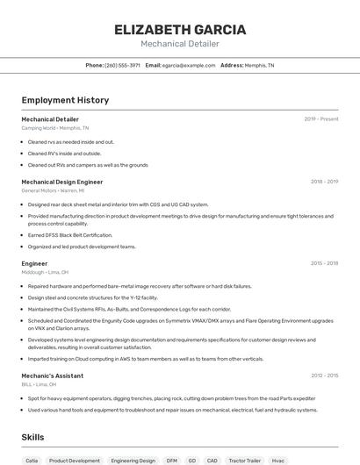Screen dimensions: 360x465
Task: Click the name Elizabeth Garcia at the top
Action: tap(179, 29)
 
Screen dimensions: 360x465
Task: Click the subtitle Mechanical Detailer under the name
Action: tap(179, 44)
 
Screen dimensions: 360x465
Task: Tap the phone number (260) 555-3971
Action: tap(122, 65)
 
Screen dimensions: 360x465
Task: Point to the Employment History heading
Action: tap(65, 100)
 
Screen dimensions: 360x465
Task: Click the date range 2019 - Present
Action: tap(321, 118)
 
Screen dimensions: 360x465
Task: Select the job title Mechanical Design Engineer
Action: tap(61, 182)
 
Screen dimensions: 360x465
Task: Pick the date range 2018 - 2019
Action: tap(324, 182)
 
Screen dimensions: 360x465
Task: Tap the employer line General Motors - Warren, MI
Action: tap(53, 190)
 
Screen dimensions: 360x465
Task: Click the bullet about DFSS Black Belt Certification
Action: tap(70, 235)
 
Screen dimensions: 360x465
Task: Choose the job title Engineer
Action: tap(34, 263)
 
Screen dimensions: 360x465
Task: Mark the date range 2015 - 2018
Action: tap(324, 263)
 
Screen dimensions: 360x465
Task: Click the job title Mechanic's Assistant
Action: tap(52, 376)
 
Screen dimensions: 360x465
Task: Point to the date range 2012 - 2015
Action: tap(324, 376)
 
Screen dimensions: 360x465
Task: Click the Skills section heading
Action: tap(33, 436)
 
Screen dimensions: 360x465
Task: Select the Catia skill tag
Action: tap(32, 460)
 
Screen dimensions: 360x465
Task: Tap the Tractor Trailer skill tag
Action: tap(244, 460)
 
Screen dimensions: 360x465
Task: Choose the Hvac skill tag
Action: tap(278, 460)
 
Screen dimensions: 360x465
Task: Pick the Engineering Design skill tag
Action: tap(133, 460)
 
